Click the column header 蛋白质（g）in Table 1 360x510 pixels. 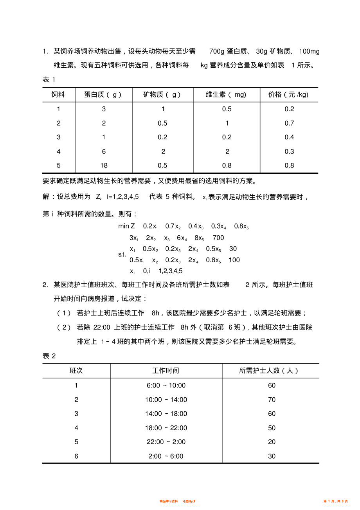tap(103, 95)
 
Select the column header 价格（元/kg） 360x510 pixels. tap(289, 95)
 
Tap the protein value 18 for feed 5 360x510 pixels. tap(104, 165)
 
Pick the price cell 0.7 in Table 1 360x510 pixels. tap(289, 123)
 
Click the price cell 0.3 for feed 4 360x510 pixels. tap(289, 151)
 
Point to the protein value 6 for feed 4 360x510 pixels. tap(104, 151)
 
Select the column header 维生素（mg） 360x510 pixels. tap(227, 95)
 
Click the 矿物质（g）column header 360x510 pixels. tap(162, 95)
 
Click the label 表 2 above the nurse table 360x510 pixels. tap(49, 356)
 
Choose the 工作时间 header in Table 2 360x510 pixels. tap(166, 371)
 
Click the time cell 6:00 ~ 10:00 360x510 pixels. tap(166, 386)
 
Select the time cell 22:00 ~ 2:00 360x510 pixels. tap(166, 442)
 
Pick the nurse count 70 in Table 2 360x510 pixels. tap(272, 400)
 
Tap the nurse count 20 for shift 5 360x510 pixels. tap(272, 442)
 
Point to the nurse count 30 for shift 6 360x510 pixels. tap(272, 456)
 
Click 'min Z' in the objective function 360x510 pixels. tap(126, 226)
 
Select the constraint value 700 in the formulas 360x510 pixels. tap(218, 238)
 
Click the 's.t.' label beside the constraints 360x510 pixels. tap(122, 254)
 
